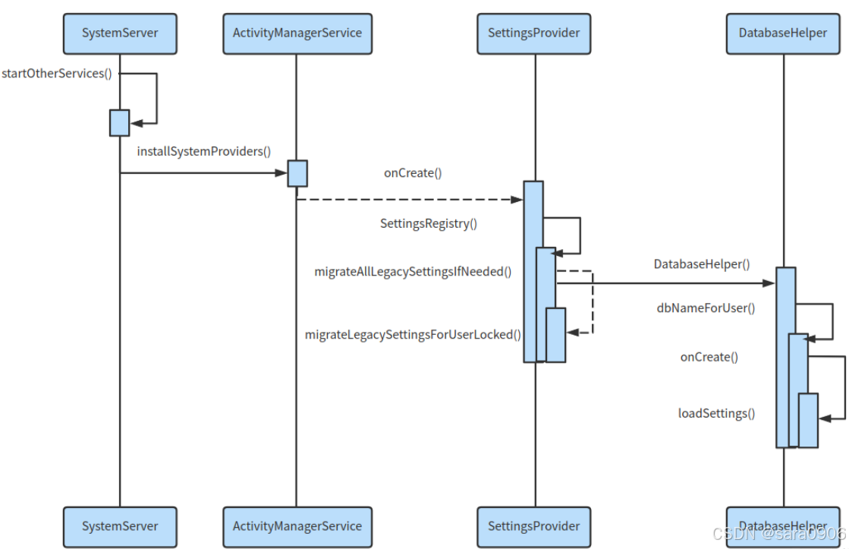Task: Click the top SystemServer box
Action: click(x=120, y=33)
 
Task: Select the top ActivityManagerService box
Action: click(x=297, y=33)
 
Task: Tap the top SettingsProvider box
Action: click(x=533, y=33)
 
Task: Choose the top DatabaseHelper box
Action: click(x=783, y=33)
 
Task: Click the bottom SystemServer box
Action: click(x=120, y=526)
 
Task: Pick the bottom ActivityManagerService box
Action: click(x=297, y=526)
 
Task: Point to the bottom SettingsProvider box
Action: click(x=533, y=526)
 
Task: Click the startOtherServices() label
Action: click(x=57, y=74)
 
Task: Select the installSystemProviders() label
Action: click(x=203, y=151)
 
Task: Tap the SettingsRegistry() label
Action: click(x=429, y=223)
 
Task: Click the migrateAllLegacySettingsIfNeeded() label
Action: click(x=413, y=271)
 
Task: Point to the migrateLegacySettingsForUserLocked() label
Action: click(x=413, y=334)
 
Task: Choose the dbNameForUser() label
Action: click(x=706, y=308)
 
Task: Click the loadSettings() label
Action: click(x=716, y=414)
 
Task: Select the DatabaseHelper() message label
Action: click(x=702, y=264)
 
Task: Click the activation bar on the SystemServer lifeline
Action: click(x=119, y=123)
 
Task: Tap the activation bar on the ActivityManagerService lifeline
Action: click(x=297, y=173)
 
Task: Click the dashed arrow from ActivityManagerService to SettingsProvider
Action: click(x=410, y=200)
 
